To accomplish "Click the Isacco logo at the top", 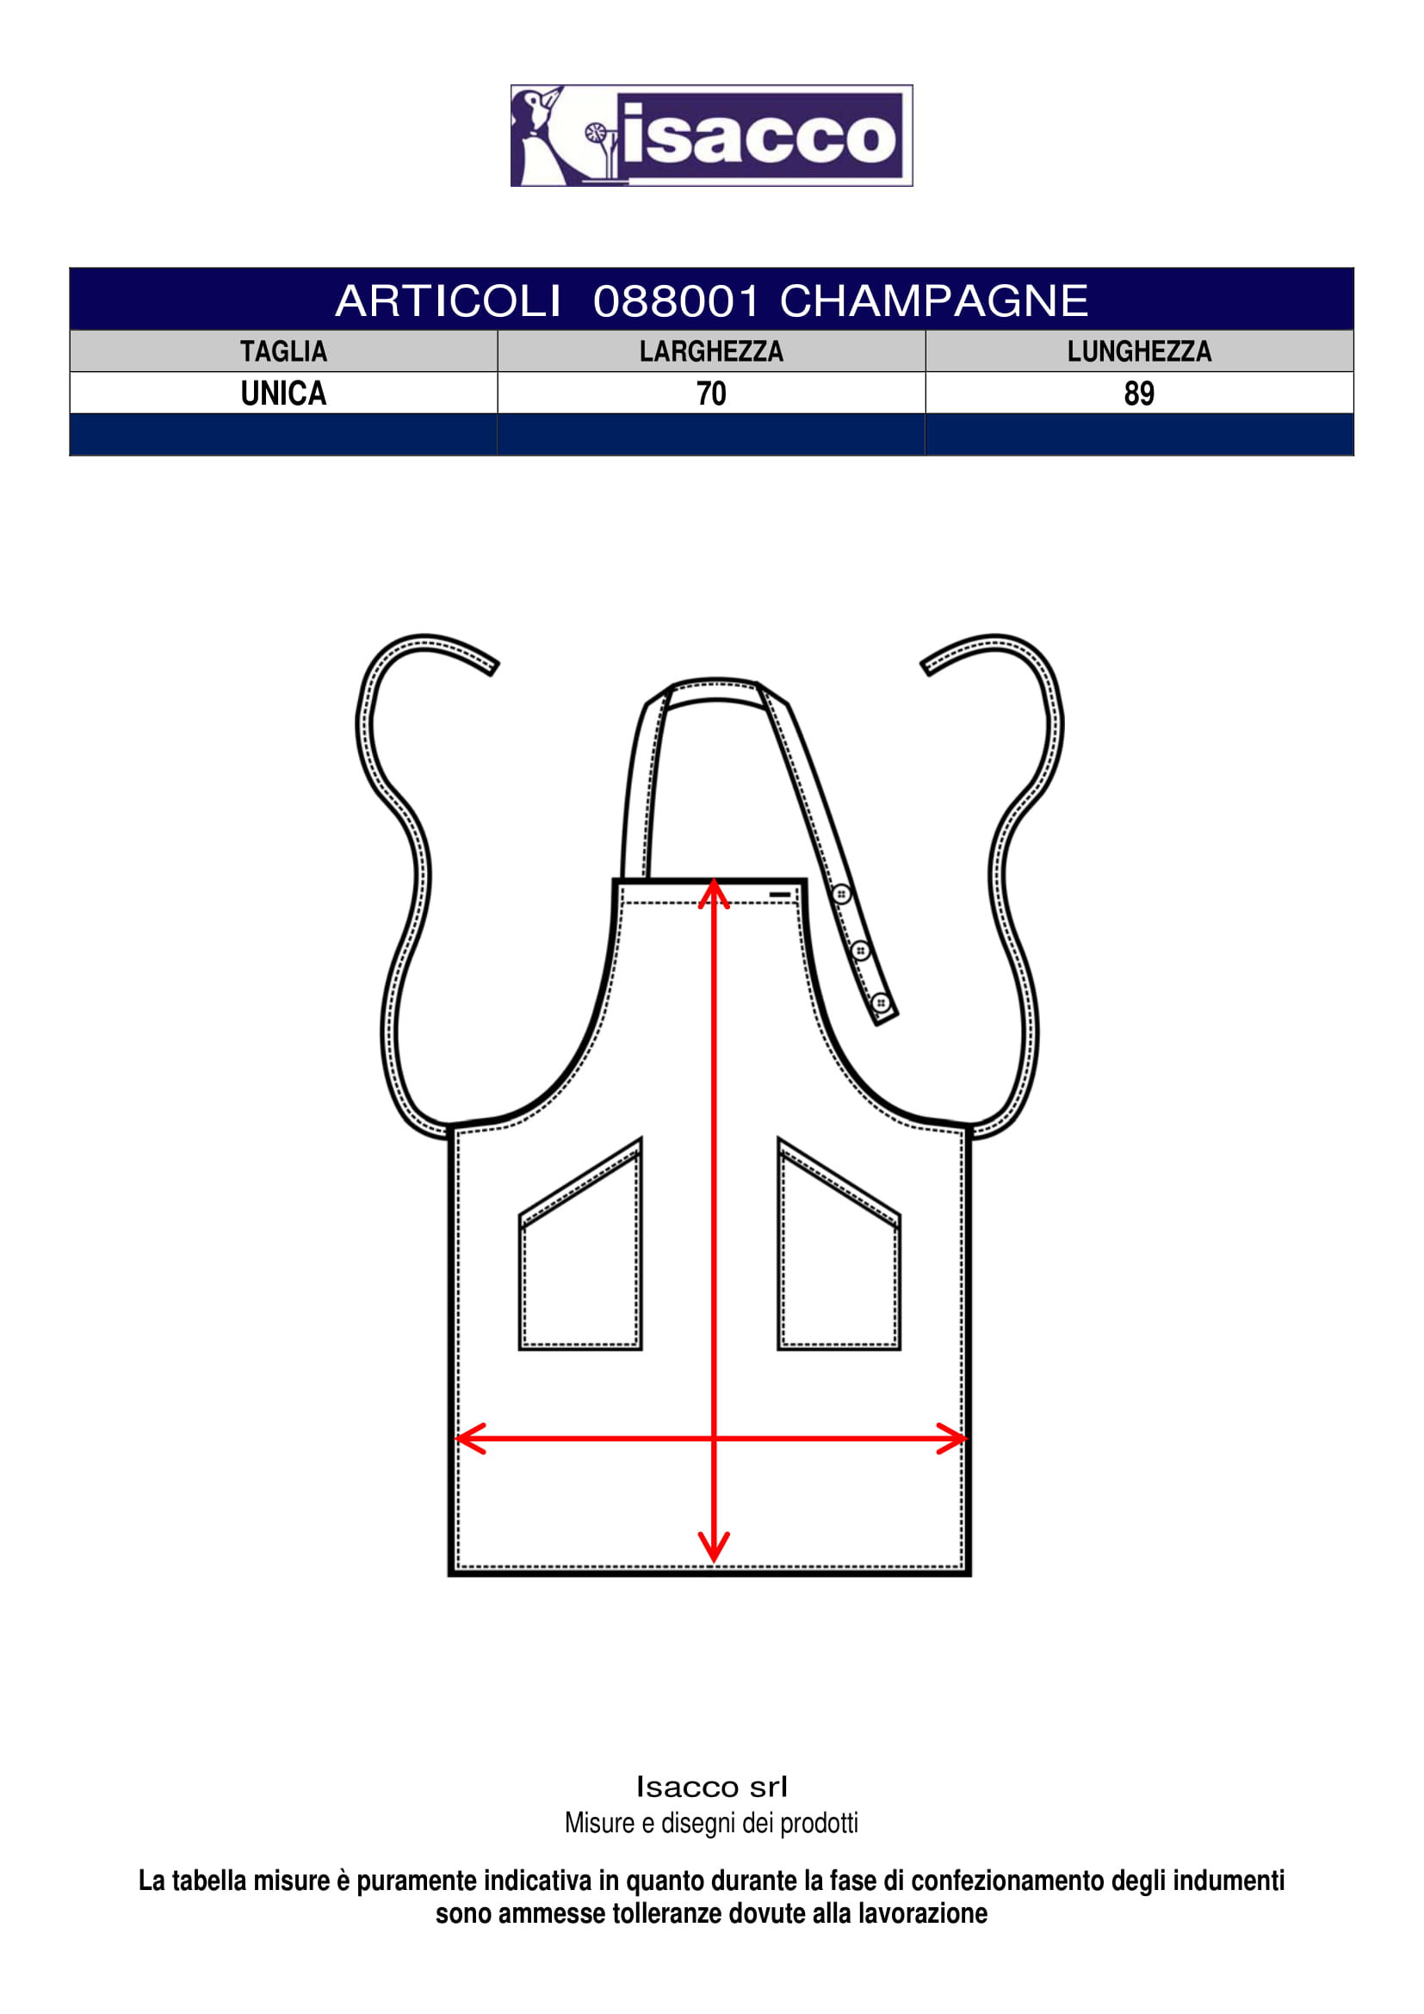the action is [711, 135].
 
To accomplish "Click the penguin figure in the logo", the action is [536, 135].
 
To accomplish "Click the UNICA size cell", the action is [283, 394].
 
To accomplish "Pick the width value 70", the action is [711, 394].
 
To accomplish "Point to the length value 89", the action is [1139, 394].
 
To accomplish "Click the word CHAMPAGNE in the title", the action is [934, 301].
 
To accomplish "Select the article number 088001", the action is [675, 301].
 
